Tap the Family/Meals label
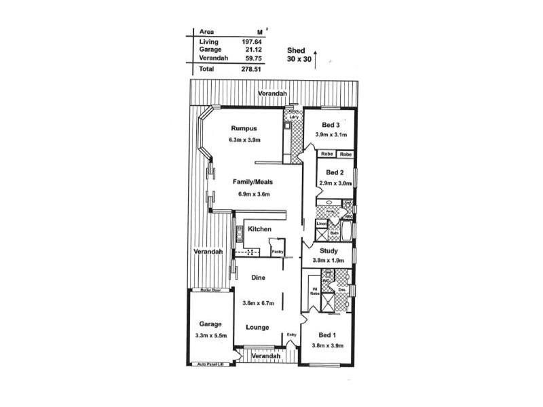point(254,182)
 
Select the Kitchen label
point(259,229)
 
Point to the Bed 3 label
point(331,125)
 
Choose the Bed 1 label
point(327,335)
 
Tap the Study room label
point(329,250)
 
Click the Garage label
point(210,324)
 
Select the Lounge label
point(258,328)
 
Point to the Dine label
point(258,277)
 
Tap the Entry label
point(292,334)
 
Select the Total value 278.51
point(252,69)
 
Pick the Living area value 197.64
point(252,41)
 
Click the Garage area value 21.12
point(252,50)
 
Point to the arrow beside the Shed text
point(315,55)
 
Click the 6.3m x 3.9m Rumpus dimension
point(245,140)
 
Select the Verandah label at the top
point(272,93)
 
